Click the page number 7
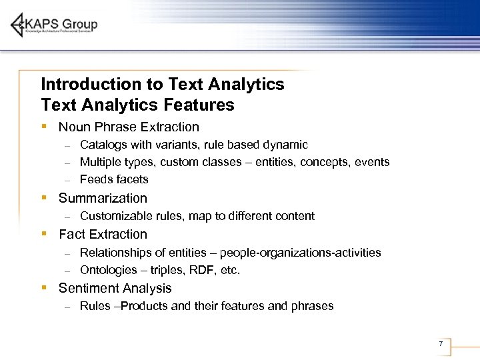(x=441, y=344)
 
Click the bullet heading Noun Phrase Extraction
(x=129, y=127)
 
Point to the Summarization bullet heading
(x=103, y=198)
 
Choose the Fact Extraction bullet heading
(x=103, y=234)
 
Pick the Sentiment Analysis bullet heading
(x=115, y=288)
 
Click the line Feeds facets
(x=114, y=179)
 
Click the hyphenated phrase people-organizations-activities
(x=300, y=253)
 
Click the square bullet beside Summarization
(x=43, y=198)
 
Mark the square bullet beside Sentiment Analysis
(x=43, y=288)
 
